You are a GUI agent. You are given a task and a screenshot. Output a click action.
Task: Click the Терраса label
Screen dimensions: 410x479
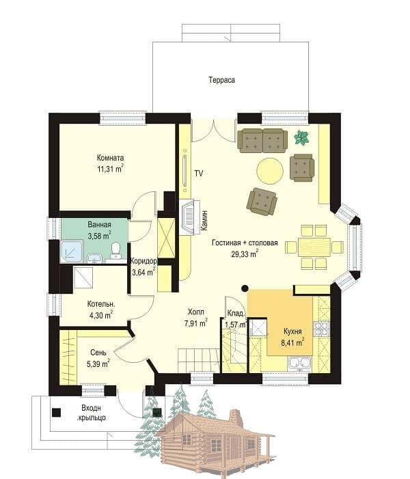point(222,80)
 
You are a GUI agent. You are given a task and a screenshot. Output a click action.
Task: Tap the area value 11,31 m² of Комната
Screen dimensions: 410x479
point(110,169)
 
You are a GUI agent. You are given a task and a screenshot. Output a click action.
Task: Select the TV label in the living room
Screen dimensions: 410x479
point(199,173)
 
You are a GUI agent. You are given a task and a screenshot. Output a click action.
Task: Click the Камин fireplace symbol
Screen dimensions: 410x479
point(189,217)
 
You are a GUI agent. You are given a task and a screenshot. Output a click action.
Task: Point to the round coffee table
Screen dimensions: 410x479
point(270,170)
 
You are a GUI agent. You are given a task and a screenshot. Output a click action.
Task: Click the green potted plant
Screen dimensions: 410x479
point(301,137)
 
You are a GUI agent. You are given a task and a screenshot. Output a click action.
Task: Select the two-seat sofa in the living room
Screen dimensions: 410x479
point(262,141)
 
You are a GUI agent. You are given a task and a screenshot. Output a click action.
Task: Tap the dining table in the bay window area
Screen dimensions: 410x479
point(314,247)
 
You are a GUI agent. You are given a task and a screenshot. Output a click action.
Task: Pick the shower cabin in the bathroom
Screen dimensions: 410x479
point(72,251)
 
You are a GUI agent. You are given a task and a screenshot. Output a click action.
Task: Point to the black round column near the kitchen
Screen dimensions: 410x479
point(245,288)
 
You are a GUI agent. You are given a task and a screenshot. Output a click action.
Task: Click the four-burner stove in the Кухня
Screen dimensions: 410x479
point(322,329)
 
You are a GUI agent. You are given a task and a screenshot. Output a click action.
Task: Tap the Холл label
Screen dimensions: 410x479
point(195,312)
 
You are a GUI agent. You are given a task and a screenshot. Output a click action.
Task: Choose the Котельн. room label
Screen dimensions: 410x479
point(101,304)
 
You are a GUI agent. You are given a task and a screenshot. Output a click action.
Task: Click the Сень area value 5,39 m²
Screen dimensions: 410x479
point(98,364)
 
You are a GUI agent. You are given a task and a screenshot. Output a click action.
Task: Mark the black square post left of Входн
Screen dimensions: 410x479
point(56,413)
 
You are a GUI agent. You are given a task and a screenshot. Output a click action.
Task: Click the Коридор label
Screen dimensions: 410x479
point(143,262)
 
